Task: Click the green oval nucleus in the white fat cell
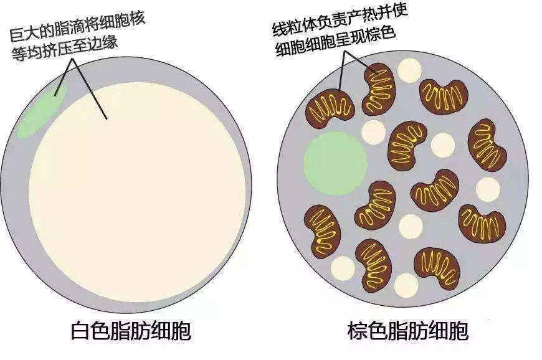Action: point(42,111)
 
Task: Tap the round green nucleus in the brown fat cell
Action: point(335,163)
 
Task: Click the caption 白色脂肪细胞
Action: point(131,331)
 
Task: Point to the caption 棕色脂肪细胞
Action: point(408,331)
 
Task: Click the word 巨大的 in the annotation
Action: point(31,33)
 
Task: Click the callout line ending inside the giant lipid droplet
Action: point(90,89)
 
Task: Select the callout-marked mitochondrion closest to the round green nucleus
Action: point(330,109)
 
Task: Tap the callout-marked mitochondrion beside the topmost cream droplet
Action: point(379,89)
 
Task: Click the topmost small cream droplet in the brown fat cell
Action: point(409,70)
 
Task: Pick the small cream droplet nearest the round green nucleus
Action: point(373,132)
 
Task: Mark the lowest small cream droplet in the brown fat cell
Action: point(406,285)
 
